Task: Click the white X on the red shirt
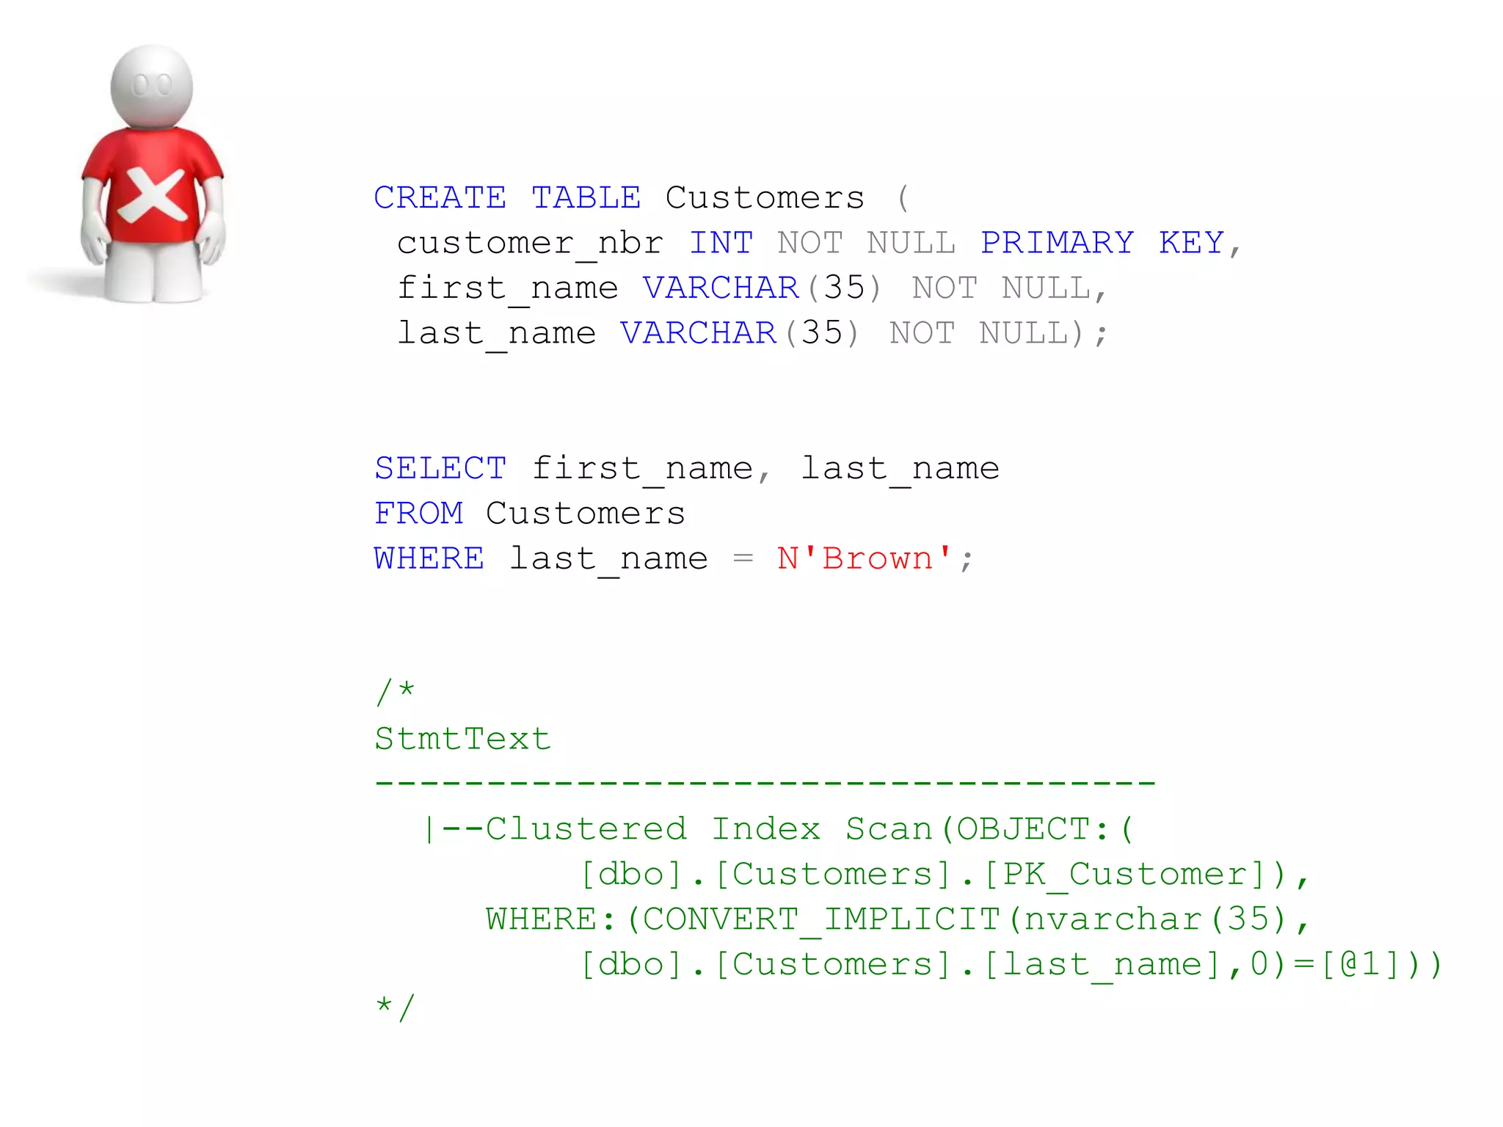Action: point(153,195)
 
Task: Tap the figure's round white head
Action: point(152,87)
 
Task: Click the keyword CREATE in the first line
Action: point(440,198)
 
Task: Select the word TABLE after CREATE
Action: point(586,198)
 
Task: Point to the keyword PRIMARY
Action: point(1057,243)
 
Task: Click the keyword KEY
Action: point(1191,243)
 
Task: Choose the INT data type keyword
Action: point(721,243)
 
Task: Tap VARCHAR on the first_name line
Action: point(721,288)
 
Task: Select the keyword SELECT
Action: point(440,469)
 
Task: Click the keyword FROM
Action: point(419,514)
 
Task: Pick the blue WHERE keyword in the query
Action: point(429,559)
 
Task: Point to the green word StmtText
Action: point(462,739)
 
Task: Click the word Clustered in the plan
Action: point(586,829)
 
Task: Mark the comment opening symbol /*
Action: point(395,692)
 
